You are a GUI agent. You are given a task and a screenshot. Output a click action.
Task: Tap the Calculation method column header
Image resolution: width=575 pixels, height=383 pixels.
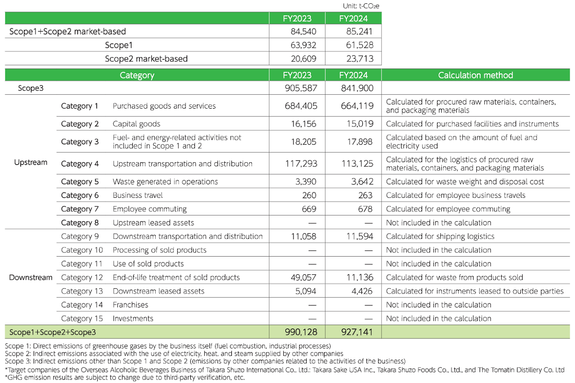(x=475, y=75)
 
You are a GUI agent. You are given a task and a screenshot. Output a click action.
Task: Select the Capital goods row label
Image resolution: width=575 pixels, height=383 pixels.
(x=137, y=124)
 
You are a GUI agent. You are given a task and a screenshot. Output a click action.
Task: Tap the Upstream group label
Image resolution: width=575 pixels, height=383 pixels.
(x=31, y=162)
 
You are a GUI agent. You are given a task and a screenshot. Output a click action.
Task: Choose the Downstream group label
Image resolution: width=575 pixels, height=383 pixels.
(x=31, y=278)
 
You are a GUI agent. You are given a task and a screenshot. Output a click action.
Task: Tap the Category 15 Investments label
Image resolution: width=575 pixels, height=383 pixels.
(x=133, y=319)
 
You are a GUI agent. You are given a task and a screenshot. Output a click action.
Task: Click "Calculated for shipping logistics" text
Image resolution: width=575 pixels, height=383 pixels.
(x=440, y=237)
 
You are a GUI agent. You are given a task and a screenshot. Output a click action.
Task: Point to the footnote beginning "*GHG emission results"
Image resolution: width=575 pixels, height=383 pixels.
(x=124, y=377)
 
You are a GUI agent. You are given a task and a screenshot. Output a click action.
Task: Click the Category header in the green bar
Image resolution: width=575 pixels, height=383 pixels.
(x=137, y=75)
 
